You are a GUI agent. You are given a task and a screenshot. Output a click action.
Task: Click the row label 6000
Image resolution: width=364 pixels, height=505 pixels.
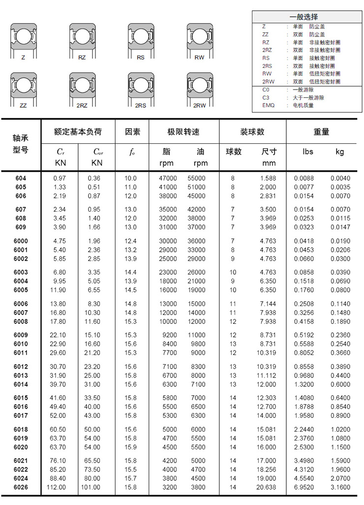point(21,241)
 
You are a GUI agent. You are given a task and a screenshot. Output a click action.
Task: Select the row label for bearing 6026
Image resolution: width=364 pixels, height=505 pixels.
point(21,487)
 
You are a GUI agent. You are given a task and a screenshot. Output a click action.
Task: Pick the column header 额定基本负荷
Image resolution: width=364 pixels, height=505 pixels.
point(78,132)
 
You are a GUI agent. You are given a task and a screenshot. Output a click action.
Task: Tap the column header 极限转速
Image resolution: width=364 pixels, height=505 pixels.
point(183,132)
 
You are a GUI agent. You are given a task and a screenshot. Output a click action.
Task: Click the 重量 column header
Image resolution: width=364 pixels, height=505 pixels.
point(321,132)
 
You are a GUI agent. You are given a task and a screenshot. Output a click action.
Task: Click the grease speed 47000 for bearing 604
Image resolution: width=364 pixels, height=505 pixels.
point(168,178)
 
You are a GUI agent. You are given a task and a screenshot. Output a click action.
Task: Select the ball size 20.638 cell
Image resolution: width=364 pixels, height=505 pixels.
point(266,487)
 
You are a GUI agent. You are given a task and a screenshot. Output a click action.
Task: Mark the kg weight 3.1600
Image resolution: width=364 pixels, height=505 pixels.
point(340,487)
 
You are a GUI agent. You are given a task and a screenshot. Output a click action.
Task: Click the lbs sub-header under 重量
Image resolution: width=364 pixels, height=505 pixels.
point(307,152)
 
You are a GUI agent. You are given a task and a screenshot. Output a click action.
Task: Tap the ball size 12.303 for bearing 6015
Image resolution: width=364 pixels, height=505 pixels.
point(266,398)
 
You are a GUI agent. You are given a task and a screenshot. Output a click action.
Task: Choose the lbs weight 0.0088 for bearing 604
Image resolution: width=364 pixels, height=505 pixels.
point(303,178)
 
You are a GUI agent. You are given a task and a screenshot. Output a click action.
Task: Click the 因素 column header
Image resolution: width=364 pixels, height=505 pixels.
point(132,132)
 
